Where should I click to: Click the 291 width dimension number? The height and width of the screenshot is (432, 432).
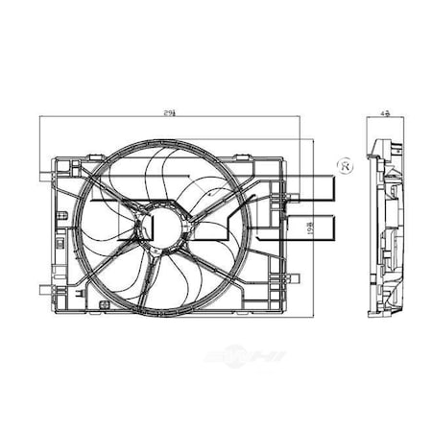pos(170,114)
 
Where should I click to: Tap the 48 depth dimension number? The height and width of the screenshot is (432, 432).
pos(383,114)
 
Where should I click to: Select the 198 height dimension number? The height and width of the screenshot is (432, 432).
pos(309,229)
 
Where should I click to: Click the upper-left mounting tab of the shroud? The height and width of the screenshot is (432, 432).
pos(45,175)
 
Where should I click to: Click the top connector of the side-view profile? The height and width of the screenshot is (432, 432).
pos(376,146)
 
